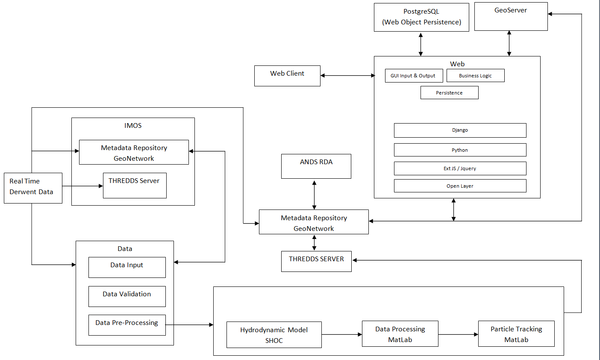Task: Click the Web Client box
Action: tap(287, 76)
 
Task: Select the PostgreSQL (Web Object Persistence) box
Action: tap(421, 17)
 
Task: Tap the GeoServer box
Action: tap(511, 17)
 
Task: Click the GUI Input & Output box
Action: tap(413, 76)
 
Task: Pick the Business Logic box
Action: tap(475, 76)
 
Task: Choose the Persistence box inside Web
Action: tap(449, 93)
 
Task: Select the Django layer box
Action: tap(460, 130)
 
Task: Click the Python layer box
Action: tap(460, 150)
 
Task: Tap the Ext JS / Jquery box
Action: tap(460, 168)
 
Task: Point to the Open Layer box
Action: tap(460, 186)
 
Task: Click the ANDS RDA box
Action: tap(316, 166)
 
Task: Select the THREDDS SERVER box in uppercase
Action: tap(316, 261)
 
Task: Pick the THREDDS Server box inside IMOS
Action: tap(135, 186)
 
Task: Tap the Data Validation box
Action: tap(127, 296)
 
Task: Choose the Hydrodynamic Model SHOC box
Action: tap(274, 335)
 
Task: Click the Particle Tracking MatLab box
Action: tap(516, 334)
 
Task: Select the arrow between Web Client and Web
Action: tap(347, 76)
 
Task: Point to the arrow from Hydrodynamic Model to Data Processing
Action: tap(341, 335)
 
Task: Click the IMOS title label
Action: tap(133, 126)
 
